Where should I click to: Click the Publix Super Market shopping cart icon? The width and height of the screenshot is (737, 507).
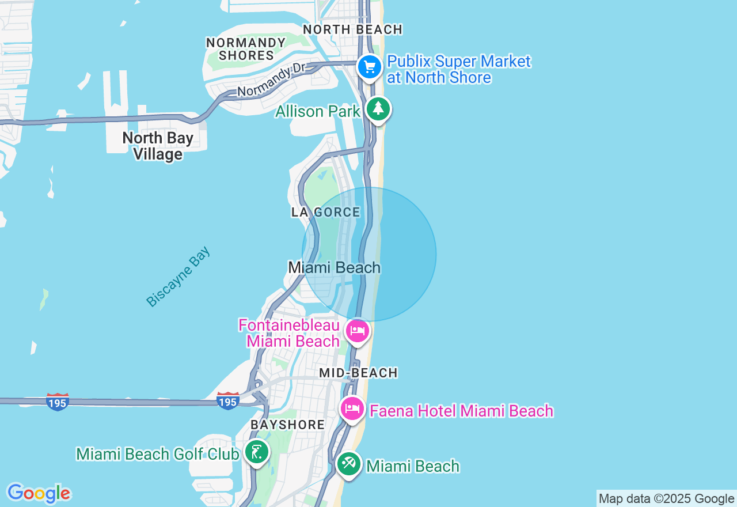(369, 67)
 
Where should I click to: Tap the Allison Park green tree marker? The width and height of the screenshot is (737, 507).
(378, 109)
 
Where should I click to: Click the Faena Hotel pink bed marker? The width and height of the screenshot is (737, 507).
(352, 409)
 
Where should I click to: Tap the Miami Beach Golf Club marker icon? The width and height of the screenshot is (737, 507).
(256, 452)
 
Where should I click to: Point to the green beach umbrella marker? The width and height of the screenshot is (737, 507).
(348, 464)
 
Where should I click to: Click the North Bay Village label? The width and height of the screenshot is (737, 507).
(158, 146)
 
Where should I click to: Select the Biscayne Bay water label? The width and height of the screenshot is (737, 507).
(178, 277)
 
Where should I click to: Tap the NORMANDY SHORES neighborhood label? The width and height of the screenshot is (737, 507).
(246, 49)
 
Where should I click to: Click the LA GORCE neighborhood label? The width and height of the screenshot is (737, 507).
(326, 212)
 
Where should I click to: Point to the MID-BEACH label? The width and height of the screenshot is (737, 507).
(359, 373)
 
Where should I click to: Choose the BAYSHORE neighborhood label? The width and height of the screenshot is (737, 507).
(288, 425)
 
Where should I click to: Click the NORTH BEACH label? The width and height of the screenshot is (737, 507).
(352, 29)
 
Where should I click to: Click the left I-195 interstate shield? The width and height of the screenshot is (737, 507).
(58, 401)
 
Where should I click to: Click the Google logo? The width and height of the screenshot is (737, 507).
(39, 493)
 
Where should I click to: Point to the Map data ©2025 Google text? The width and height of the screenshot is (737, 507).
(666, 499)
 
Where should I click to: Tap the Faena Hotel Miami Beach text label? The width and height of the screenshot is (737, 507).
(461, 411)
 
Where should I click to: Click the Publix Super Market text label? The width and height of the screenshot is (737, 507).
(458, 69)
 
